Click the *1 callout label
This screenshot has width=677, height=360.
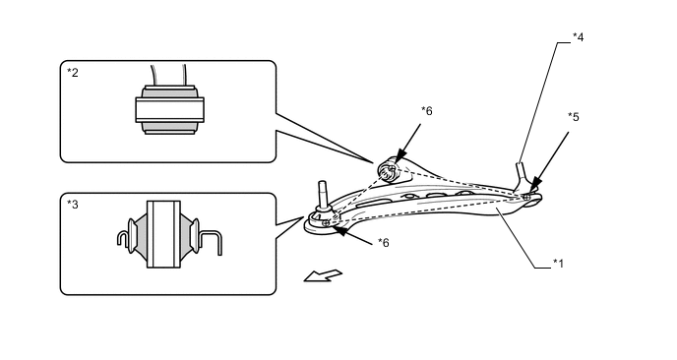point(558,264)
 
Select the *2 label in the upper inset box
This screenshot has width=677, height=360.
point(73,73)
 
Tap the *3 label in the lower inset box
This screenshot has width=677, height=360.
point(73,205)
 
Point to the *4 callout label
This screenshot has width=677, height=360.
point(579,37)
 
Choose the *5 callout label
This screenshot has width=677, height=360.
point(574,116)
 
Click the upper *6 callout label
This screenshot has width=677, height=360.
point(427,111)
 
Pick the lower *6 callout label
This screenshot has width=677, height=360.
point(384,243)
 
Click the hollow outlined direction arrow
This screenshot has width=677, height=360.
point(323,275)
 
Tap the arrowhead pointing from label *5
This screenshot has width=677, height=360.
point(534,185)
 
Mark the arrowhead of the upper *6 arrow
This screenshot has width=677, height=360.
point(400,156)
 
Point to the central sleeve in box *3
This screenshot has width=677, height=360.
point(163,234)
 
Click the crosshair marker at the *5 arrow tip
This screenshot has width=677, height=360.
point(526,198)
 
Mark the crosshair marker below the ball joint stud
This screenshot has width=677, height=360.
point(326,223)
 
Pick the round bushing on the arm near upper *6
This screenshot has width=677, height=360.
point(388,170)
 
